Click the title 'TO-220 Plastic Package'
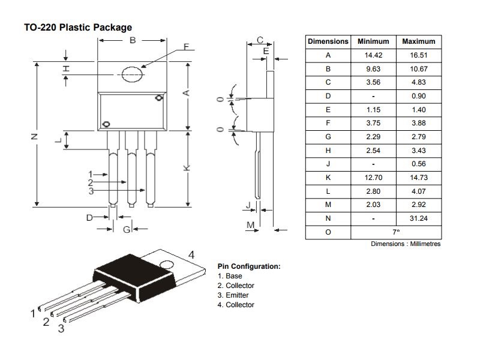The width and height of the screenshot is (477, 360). click(x=78, y=27)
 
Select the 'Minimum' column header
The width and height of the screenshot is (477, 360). click(x=373, y=41)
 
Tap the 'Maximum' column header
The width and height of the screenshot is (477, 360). click(x=419, y=41)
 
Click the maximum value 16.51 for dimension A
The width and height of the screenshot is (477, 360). click(x=419, y=55)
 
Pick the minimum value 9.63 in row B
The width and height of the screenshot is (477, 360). click(x=373, y=69)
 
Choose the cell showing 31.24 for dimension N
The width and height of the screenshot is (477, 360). click(x=419, y=218)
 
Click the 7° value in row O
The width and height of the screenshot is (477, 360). click(x=396, y=232)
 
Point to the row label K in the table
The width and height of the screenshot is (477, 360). click(x=328, y=178)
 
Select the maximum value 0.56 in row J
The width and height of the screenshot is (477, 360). click(x=419, y=164)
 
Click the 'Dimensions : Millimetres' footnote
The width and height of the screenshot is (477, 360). click(x=406, y=244)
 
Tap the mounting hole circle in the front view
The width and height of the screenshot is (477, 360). click(x=132, y=74)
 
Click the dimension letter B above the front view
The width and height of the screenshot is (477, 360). click(x=133, y=40)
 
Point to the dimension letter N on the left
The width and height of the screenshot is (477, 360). click(x=34, y=137)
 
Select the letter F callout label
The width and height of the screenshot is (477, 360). click(x=186, y=47)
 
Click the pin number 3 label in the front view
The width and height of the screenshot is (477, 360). click(x=91, y=191)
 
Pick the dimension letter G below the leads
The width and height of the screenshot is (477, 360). click(x=127, y=229)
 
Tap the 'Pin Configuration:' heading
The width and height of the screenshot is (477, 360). click(x=248, y=266)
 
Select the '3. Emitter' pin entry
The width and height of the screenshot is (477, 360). click(x=233, y=295)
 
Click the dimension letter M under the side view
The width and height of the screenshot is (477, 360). click(x=251, y=224)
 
